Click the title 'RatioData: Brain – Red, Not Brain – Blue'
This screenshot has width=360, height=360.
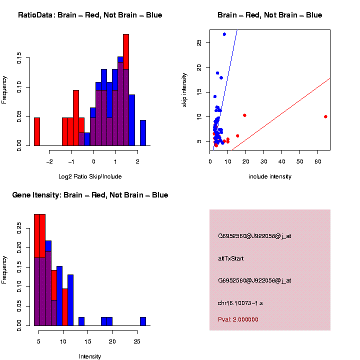coord(90,15)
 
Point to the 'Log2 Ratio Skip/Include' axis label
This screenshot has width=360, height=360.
coord(90,176)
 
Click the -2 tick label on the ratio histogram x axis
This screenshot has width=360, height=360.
coord(49,161)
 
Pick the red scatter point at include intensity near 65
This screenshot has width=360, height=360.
coord(325,116)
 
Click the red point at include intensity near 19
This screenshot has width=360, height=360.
coord(244,115)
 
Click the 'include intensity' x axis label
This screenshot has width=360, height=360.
coord(270,176)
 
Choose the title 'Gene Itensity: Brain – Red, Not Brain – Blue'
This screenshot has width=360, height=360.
coord(90,195)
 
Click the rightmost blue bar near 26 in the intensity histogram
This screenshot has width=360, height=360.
coord(143,321)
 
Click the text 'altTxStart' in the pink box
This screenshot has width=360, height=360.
coord(230,258)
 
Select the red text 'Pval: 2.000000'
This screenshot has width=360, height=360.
coord(238,319)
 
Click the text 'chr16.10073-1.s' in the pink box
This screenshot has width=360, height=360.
coord(241,303)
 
